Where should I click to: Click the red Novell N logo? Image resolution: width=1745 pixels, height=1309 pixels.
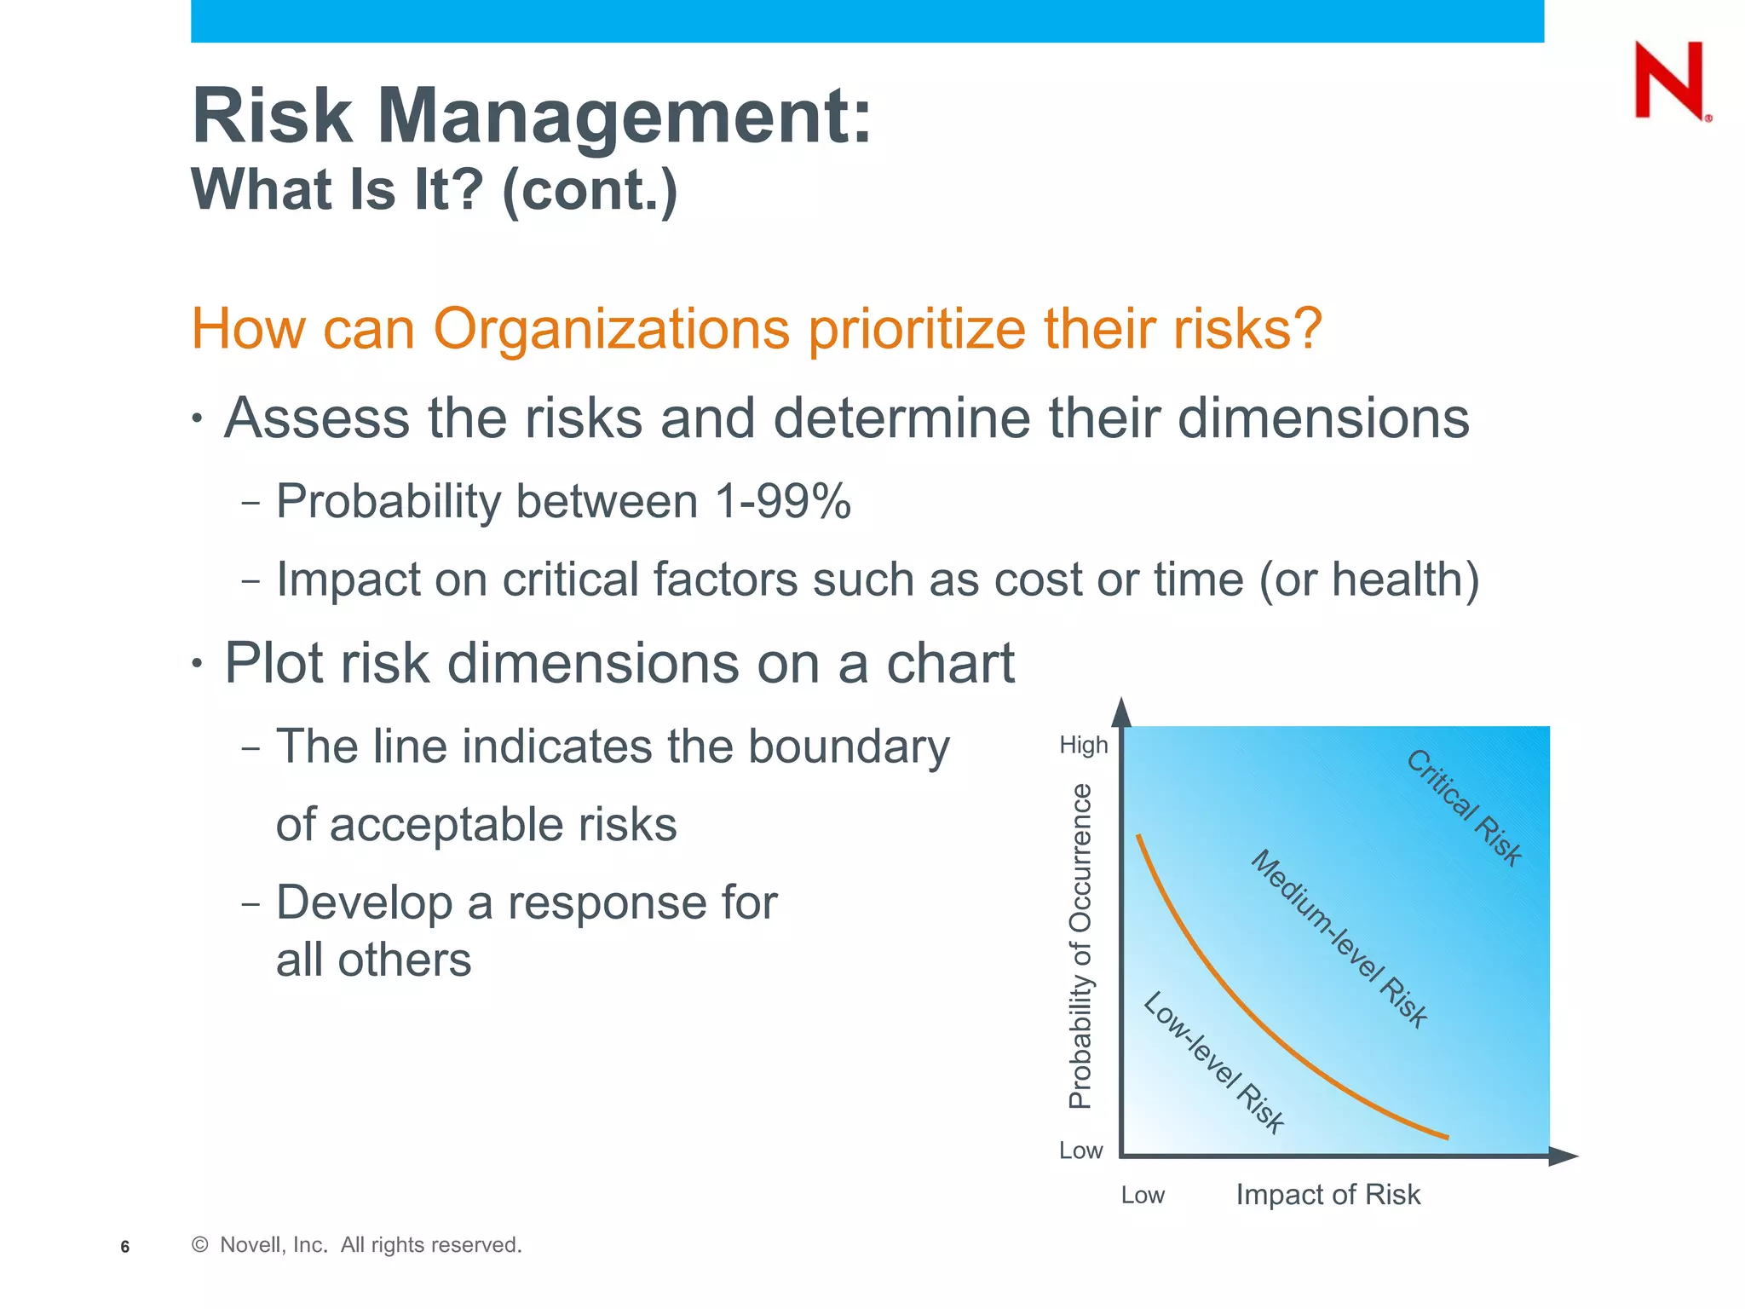coord(1670,81)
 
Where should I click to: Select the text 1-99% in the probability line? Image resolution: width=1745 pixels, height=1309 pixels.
coord(782,501)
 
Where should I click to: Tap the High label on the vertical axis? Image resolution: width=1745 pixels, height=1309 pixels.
coord(1083,745)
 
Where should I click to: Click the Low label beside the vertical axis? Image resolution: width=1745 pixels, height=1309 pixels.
coord(1080,1150)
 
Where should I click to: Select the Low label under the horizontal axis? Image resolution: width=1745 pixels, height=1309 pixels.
coord(1142,1195)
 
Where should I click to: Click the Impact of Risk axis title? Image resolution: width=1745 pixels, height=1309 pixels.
coord(1327,1195)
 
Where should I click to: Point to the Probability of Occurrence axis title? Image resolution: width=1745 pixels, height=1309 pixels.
coord(1080,946)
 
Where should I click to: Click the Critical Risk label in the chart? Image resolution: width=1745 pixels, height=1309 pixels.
coord(1463,807)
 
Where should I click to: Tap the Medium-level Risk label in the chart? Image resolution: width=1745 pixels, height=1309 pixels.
coord(1339,938)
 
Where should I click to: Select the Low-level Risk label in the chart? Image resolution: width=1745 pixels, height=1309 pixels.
coord(1212,1062)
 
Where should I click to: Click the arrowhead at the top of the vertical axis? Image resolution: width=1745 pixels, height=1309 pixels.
coord(1122,712)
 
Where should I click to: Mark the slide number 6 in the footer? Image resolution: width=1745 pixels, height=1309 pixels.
coord(125,1247)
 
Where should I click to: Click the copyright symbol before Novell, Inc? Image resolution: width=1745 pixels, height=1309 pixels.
coord(200,1245)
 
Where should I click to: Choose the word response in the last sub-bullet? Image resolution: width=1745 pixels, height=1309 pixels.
coord(642,903)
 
